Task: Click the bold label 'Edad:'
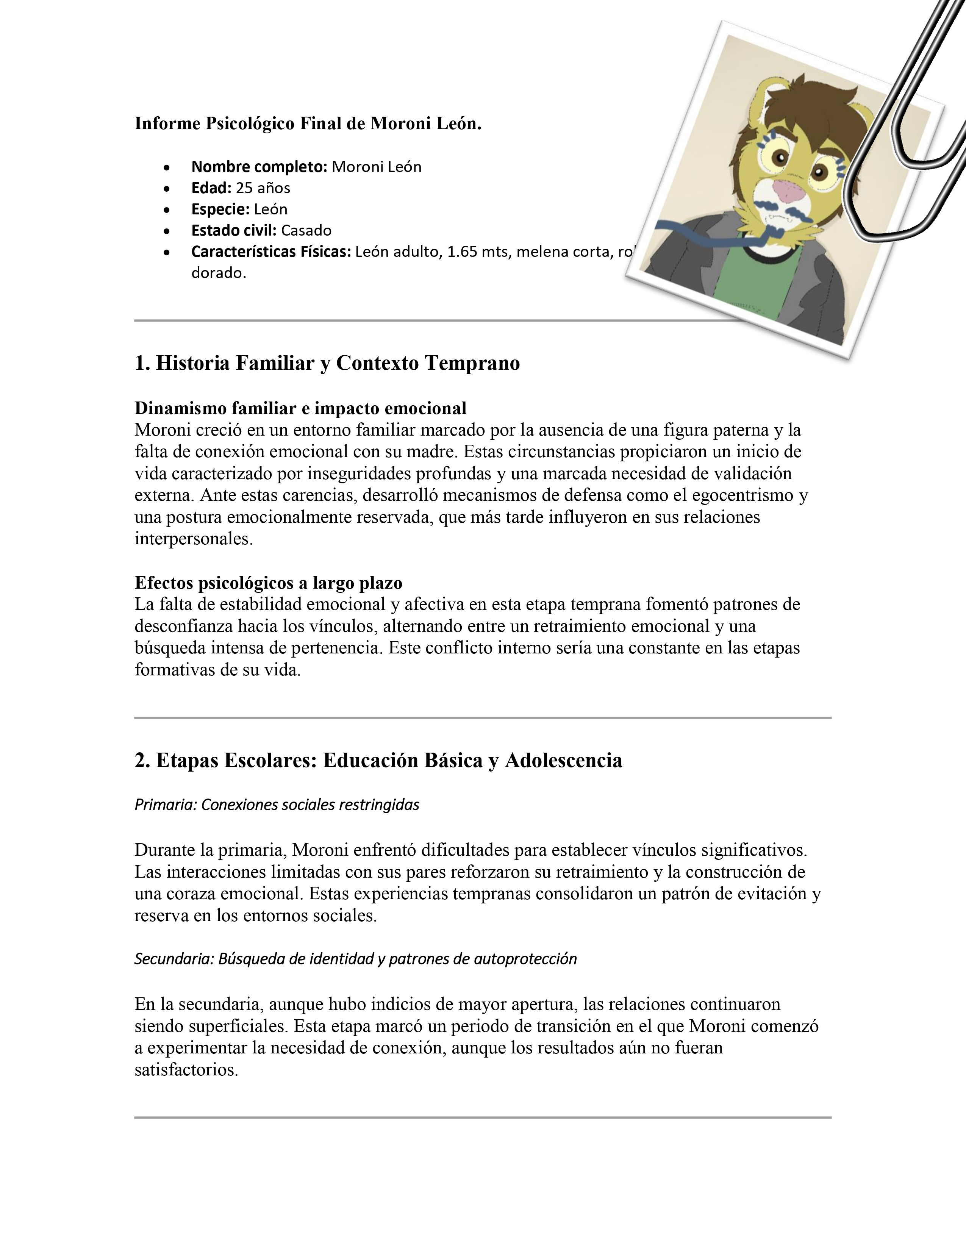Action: click(212, 188)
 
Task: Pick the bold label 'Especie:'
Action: click(220, 209)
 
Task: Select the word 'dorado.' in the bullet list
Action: click(219, 273)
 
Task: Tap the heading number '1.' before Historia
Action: click(142, 363)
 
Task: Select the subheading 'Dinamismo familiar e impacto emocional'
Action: click(300, 408)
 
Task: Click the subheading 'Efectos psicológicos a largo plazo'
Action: click(269, 583)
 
